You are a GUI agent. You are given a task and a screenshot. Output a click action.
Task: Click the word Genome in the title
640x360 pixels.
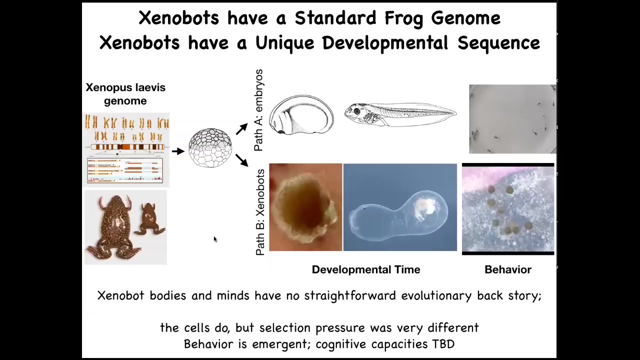click(465, 18)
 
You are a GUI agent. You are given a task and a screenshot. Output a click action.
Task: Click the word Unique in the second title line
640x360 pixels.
click(284, 43)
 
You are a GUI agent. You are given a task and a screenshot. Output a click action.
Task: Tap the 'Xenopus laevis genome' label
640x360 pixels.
click(125, 94)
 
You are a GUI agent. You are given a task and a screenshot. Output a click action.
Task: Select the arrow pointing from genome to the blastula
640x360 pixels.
click(178, 151)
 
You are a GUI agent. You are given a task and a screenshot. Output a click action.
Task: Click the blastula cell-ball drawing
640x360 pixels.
click(210, 147)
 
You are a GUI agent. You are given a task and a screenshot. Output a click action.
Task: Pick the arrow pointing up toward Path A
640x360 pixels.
click(241, 129)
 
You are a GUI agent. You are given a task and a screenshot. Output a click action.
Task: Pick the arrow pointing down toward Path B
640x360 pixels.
click(241, 160)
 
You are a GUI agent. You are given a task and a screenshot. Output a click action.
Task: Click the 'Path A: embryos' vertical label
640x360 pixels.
click(258, 110)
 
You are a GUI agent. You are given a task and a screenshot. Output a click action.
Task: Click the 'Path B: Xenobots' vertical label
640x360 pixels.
click(260, 212)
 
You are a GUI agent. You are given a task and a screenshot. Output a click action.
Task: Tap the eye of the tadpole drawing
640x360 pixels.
click(356, 111)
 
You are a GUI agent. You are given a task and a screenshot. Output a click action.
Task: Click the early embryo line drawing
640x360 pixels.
click(301, 115)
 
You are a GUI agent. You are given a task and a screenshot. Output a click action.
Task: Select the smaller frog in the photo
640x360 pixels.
click(149, 219)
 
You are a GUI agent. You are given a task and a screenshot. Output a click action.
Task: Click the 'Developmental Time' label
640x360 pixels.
click(366, 269)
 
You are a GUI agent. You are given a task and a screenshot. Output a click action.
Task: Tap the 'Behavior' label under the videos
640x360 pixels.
click(508, 269)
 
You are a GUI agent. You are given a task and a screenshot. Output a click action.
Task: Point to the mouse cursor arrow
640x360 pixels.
click(215, 239)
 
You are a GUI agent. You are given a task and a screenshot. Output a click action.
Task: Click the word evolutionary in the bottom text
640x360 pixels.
click(436, 295)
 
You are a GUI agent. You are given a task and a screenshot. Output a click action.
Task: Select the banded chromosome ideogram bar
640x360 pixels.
click(127, 147)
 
